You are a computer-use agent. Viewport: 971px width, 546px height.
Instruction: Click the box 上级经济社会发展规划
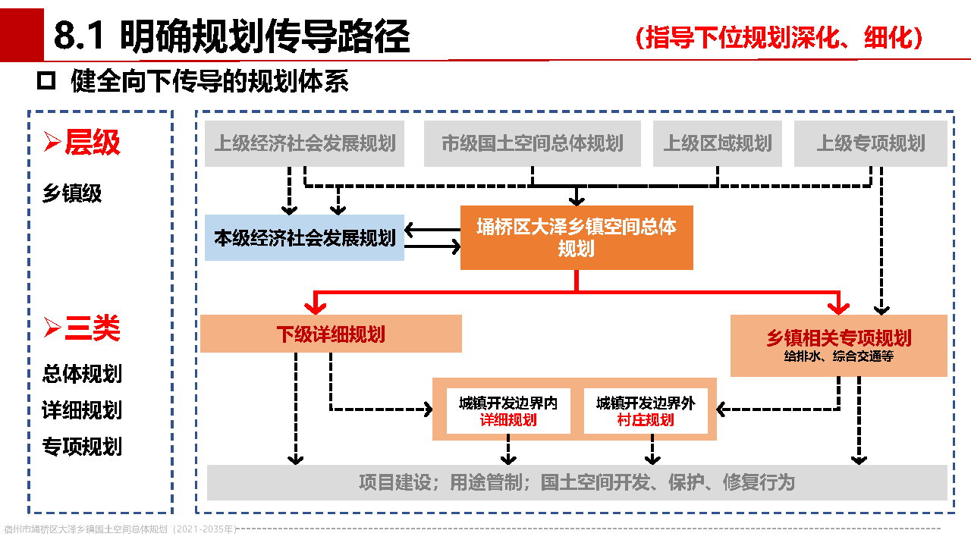coord(304,143)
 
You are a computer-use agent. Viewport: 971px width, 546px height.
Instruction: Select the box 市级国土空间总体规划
coord(532,143)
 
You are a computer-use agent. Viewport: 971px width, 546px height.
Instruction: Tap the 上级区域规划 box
coord(718,143)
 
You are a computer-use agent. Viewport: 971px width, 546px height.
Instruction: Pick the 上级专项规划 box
coord(871,143)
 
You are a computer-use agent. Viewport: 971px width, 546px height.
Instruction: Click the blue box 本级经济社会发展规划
coord(304,238)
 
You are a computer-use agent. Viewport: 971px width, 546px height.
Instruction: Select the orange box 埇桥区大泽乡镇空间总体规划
coord(577,237)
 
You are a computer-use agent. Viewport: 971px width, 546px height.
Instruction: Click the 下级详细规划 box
coord(331,334)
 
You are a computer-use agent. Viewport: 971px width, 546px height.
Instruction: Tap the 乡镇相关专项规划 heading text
coord(839,338)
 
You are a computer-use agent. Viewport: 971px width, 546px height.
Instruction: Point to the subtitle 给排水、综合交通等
coord(839,356)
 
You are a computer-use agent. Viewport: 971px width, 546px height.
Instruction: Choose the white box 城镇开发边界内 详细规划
coord(508,411)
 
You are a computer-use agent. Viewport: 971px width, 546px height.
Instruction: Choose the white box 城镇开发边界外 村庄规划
coord(646,411)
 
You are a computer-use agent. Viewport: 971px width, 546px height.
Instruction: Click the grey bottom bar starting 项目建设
coord(577,482)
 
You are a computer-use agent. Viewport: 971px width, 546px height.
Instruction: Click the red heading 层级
coord(92,143)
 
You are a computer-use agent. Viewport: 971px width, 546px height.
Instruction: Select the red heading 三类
coord(92,328)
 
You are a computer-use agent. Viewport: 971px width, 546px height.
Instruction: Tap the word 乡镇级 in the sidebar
coord(72,193)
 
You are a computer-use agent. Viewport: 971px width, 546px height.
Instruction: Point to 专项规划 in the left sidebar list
coord(82,446)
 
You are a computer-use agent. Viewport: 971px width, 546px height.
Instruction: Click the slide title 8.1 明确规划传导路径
coord(231,36)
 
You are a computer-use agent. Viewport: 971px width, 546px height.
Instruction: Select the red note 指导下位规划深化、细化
coord(779,37)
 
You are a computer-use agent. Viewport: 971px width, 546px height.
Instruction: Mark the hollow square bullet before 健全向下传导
coord(47,80)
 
